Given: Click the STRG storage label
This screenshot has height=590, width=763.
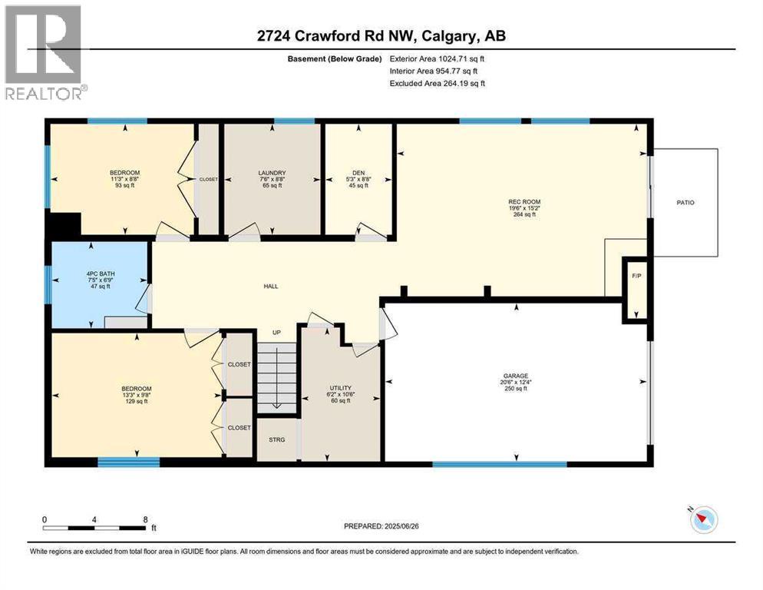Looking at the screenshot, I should click(x=277, y=439).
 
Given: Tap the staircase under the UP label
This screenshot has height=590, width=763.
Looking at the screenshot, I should click(x=276, y=377).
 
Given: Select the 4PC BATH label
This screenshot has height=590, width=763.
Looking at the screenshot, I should click(x=98, y=272).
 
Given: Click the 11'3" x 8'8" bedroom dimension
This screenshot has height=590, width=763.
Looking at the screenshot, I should click(x=124, y=179).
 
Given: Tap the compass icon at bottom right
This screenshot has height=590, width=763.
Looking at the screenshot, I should click(x=702, y=520).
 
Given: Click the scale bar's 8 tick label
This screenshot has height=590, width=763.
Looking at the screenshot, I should click(x=144, y=519).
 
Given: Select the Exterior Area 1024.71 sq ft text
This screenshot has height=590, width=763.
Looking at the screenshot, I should click(x=438, y=58).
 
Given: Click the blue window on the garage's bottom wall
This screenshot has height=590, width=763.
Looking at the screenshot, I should click(x=499, y=464).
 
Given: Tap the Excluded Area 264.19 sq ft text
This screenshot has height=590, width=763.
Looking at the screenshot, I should click(x=438, y=83).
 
